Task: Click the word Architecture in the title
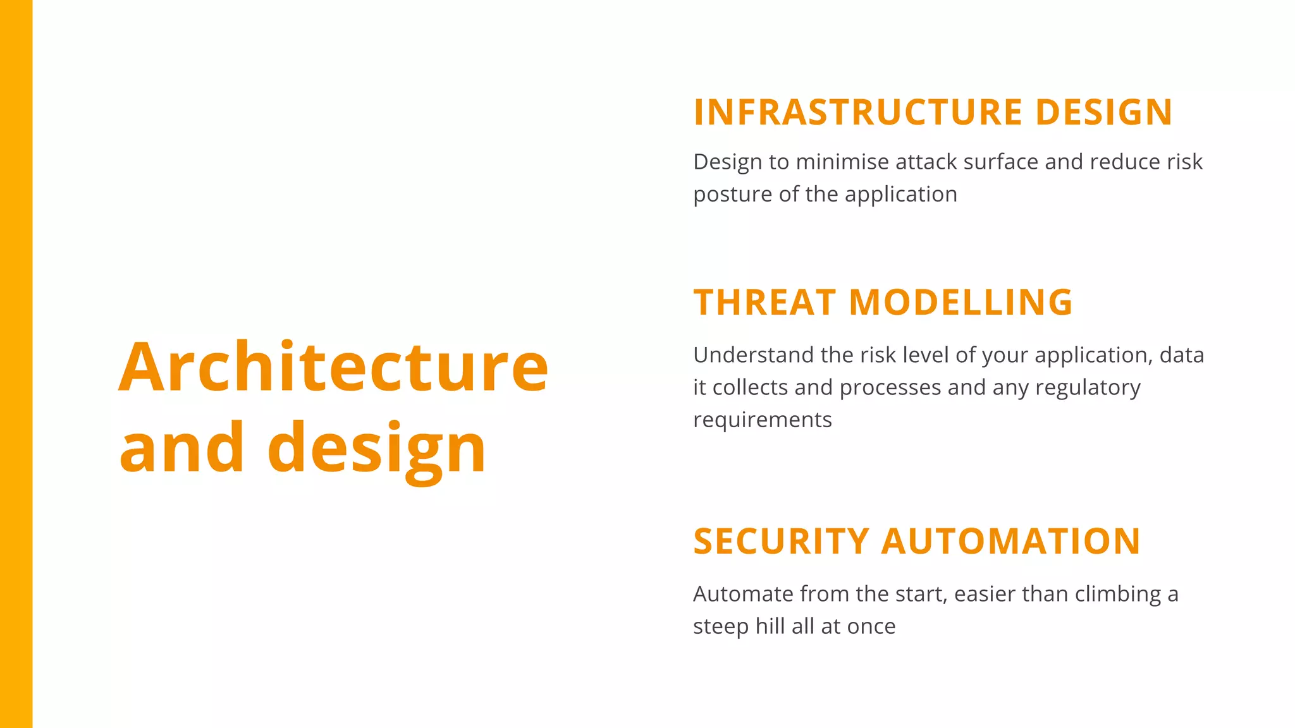(x=333, y=368)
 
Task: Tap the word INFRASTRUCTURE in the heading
(x=858, y=112)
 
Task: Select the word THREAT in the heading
(x=764, y=303)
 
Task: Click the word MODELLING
(x=961, y=303)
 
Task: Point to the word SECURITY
(x=782, y=542)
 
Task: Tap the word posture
(x=732, y=195)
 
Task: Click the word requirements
(x=763, y=420)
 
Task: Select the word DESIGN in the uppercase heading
(x=1103, y=112)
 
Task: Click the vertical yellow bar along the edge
(x=16, y=364)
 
